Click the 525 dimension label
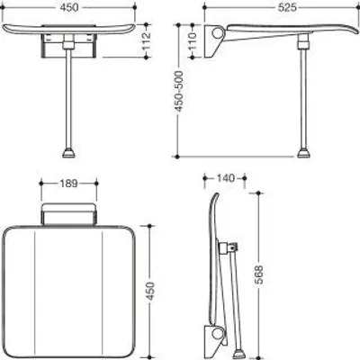click(287, 8)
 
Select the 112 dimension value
click(146, 40)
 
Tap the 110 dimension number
click(193, 40)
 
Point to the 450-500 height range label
click(179, 91)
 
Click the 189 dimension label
click(68, 183)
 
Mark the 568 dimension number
click(258, 274)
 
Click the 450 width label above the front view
click(69, 8)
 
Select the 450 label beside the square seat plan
click(149, 292)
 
